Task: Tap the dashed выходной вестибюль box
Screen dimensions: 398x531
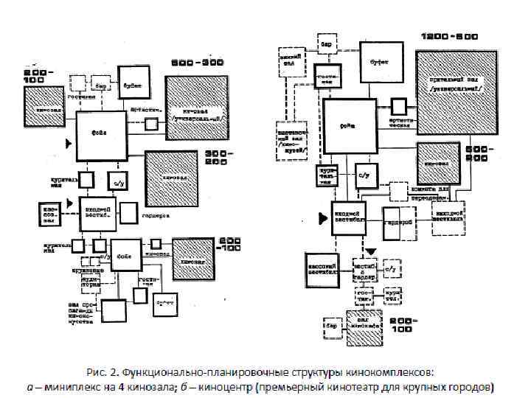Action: click(x=448, y=215)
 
